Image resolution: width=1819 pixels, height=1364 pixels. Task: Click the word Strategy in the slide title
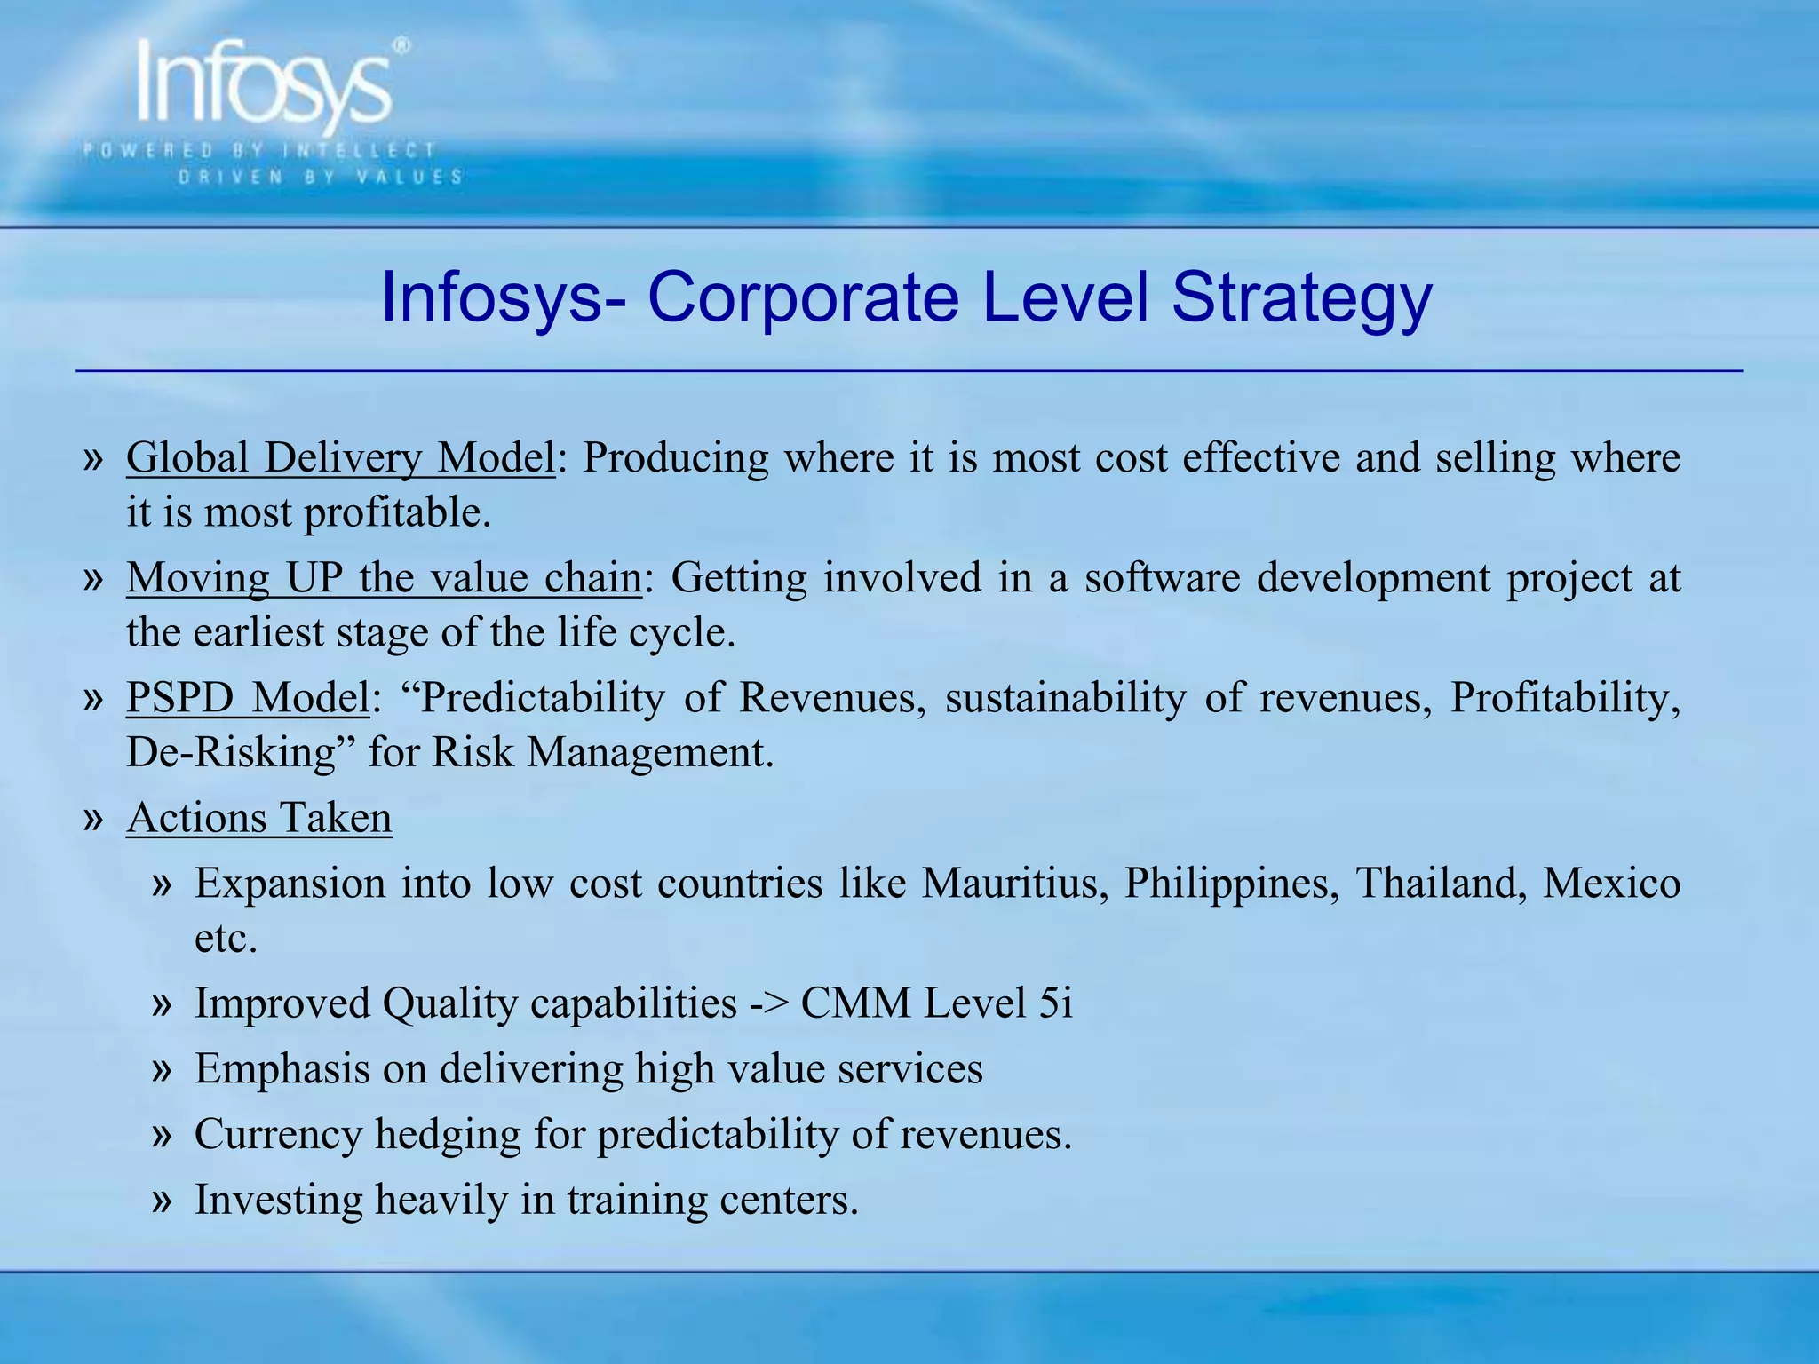click(1301, 298)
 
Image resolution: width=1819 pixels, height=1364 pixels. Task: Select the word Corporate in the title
click(804, 298)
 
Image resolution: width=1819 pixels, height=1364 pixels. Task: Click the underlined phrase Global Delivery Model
click(340, 458)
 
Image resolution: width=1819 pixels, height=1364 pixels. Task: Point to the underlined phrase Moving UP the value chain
click(384, 578)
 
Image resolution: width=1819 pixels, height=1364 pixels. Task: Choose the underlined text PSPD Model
click(247, 698)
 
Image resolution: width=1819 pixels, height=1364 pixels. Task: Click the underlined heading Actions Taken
click(258, 818)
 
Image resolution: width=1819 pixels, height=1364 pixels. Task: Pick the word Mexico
click(1611, 884)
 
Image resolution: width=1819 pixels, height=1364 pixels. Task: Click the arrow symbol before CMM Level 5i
click(769, 1004)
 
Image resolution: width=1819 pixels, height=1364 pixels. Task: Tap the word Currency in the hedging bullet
click(277, 1135)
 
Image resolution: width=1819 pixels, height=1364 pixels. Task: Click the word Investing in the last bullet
click(277, 1201)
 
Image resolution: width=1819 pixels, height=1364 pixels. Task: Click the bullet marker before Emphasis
click(161, 1069)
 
